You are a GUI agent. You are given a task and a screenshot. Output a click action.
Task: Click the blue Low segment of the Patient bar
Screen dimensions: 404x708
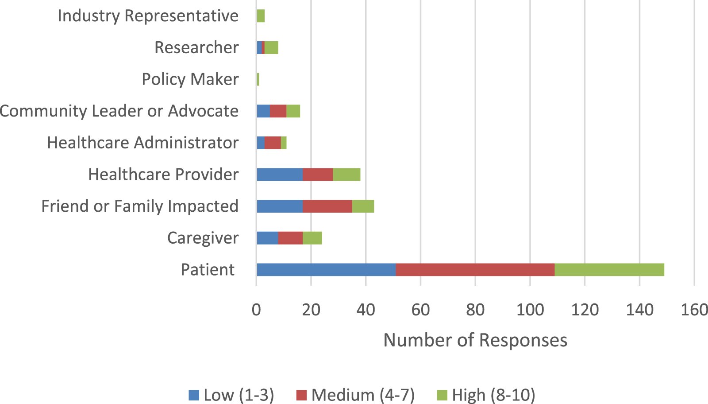pyautogui.click(x=326, y=270)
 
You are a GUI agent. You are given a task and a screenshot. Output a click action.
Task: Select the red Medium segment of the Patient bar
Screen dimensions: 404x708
pyautogui.click(x=475, y=270)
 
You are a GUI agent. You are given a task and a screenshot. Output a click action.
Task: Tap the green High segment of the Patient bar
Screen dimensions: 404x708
pyautogui.click(x=609, y=270)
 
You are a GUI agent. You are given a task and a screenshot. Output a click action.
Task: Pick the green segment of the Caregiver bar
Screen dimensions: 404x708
pyautogui.click(x=312, y=238)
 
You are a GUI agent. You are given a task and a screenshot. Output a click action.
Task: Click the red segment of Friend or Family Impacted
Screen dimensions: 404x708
pyautogui.click(x=327, y=206)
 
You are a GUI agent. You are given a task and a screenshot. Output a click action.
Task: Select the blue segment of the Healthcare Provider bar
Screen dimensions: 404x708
pyautogui.click(x=280, y=175)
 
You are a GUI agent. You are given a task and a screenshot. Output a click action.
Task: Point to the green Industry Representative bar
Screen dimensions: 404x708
pyautogui.click(x=261, y=16)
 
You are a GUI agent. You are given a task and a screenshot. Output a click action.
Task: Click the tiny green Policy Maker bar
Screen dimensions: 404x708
pyautogui.click(x=258, y=80)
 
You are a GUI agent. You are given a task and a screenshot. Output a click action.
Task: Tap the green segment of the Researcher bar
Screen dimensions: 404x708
pyautogui.click(x=271, y=48)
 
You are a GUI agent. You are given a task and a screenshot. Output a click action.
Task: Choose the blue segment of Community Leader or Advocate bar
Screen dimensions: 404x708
pyautogui.click(x=263, y=111)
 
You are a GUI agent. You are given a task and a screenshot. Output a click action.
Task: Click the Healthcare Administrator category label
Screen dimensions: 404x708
pyautogui.click(x=142, y=143)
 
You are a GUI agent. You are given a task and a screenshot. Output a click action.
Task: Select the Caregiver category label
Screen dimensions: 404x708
pyautogui.click(x=203, y=238)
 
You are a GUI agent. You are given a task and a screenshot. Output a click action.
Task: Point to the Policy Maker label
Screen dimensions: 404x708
pyautogui.click(x=190, y=80)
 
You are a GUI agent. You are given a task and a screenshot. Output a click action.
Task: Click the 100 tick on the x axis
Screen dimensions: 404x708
pyautogui.click(x=530, y=310)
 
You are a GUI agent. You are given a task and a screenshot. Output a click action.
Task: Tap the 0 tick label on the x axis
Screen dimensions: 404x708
pyautogui.click(x=256, y=310)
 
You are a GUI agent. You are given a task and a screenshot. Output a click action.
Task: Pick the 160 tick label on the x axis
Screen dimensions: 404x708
pyautogui.click(x=694, y=310)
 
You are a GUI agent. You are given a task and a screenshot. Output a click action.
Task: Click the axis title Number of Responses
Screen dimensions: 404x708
pyautogui.click(x=475, y=340)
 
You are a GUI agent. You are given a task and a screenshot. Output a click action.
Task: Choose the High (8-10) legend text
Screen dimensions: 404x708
pyautogui.click(x=493, y=395)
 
